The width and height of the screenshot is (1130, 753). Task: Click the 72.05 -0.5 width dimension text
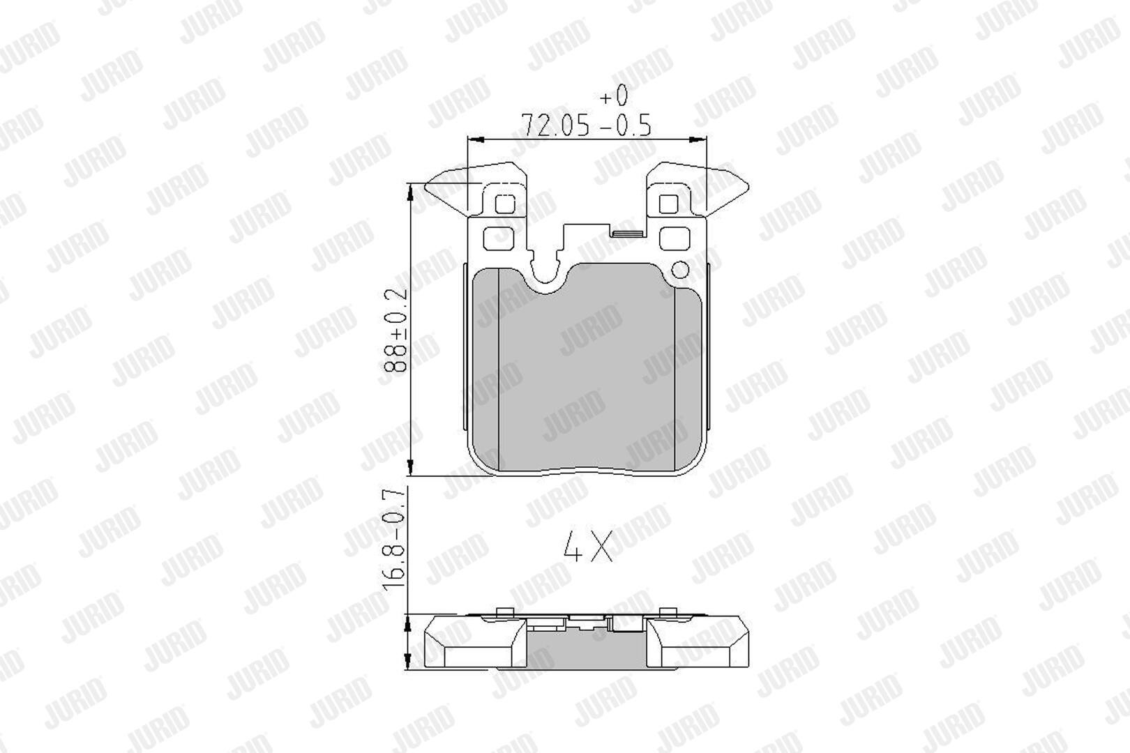coord(585,125)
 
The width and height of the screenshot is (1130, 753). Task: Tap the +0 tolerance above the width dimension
coord(614,95)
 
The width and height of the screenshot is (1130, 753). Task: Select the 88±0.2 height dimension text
coord(395,330)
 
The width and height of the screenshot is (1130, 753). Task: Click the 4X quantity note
coord(588,546)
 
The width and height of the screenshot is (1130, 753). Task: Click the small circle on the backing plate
coord(681,269)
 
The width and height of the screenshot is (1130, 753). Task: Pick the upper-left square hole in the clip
coord(505,204)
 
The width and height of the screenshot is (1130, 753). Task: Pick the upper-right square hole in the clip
coord(668,204)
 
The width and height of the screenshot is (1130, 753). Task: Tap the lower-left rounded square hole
coord(499,238)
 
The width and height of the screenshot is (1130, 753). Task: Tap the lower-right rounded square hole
coord(675,238)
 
